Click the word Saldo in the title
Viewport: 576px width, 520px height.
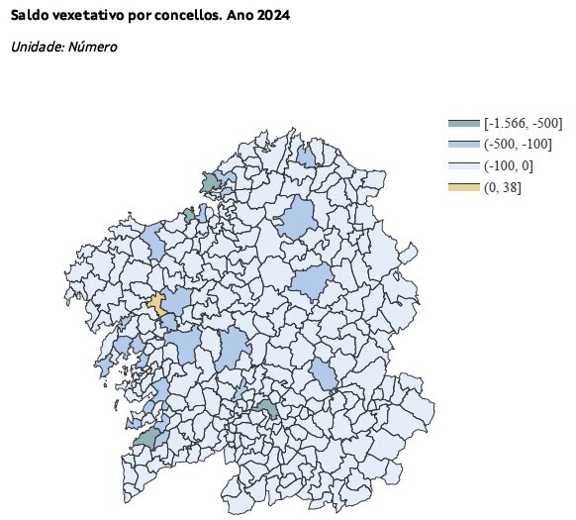tap(29, 18)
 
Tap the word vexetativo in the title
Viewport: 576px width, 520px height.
tap(89, 18)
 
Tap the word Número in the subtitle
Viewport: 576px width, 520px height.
tap(94, 48)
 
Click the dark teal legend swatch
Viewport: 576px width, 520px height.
tap(464, 123)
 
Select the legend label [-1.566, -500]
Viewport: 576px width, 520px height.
tap(524, 123)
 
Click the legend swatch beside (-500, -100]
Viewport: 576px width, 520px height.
tap(464, 145)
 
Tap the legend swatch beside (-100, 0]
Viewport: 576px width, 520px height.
tap(464, 165)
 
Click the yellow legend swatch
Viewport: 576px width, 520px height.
tap(464, 187)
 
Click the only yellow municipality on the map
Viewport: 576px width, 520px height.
tap(156, 303)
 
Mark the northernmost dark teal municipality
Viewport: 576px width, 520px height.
tap(210, 183)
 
